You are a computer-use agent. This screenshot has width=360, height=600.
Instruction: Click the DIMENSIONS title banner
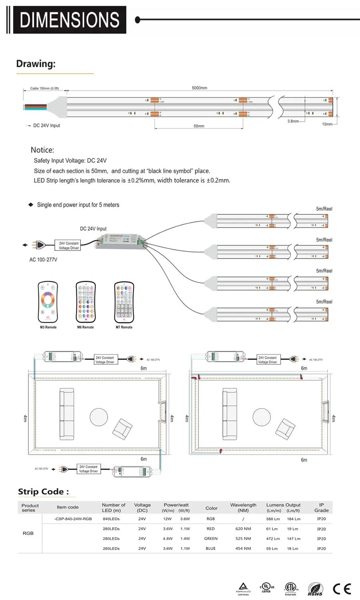(70, 20)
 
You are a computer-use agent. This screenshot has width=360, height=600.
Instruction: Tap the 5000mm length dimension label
(199, 88)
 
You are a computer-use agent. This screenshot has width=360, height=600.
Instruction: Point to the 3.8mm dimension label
(293, 121)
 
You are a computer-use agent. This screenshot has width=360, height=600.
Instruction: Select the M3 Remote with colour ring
(48, 302)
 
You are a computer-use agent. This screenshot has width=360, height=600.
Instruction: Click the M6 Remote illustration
(86, 302)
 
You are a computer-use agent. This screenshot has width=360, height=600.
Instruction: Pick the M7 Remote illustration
(124, 302)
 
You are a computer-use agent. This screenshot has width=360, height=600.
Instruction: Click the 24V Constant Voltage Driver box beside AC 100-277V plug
(69, 246)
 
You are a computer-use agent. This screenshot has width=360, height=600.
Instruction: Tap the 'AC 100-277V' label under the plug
(43, 260)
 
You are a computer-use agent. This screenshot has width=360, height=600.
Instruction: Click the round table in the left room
(99, 417)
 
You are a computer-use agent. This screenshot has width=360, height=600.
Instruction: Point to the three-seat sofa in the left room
(67, 414)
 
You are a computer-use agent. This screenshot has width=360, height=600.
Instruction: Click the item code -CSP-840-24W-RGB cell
(73, 519)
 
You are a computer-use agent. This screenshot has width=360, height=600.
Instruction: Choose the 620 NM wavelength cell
(243, 529)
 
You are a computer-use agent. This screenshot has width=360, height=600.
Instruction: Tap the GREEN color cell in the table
(211, 538)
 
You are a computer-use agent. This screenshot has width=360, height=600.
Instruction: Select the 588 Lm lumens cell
(273, 519)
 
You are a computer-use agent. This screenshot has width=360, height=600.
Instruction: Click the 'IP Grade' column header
(321, 508)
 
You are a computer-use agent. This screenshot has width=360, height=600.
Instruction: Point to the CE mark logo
(342, 589)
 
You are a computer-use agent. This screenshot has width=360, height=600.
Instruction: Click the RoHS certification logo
(315, 589)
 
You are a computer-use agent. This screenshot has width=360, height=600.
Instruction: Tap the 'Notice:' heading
(42, 150)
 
